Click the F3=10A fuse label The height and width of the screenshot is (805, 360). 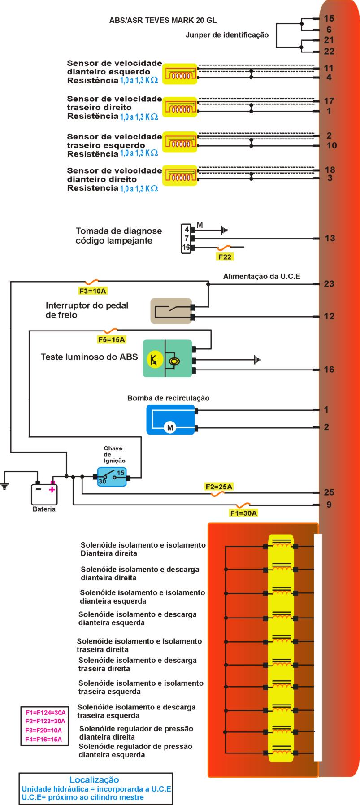coord(93,291)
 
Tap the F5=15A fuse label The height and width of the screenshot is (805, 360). coord(111,339)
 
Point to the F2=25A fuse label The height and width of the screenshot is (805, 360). coord(219,487)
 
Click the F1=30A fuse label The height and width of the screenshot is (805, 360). coord(243,513)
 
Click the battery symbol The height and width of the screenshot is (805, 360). coord(44,495)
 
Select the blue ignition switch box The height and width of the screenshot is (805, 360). coord(112,477)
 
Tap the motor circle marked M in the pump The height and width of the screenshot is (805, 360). coord(170,428)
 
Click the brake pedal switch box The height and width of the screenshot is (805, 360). coord(170,311)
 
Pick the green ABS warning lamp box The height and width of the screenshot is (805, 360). coord(167,358)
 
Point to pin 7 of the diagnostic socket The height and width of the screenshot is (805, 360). coord(187,238)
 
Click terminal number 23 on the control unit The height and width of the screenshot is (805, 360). coord(329,284)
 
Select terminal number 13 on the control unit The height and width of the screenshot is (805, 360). coord(330,239)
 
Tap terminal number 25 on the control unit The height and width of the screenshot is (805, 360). coord(329,492)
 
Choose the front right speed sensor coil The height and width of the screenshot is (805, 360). coord(180,175)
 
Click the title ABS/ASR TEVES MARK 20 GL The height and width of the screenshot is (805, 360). coord(163,21)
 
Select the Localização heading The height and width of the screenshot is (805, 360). coord(94,780)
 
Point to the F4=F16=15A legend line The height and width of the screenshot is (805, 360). coord(43,739)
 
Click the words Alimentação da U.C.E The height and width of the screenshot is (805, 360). coord(261,277)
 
